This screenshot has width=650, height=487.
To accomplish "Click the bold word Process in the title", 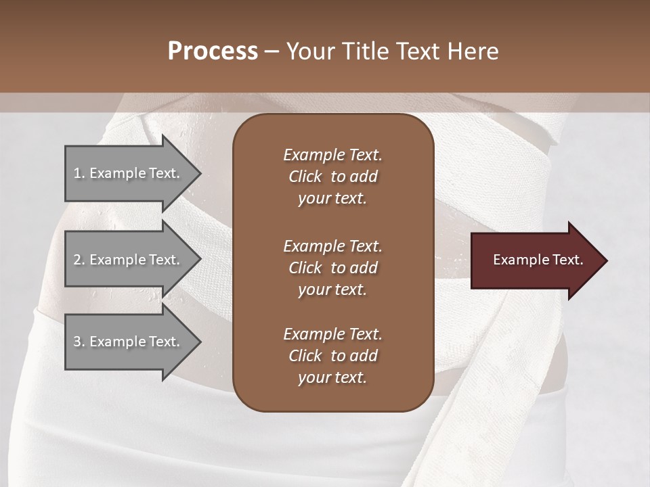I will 213,51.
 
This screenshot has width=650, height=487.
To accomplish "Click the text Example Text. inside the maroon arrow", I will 538,260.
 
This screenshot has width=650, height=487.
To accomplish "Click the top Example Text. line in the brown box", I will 332,155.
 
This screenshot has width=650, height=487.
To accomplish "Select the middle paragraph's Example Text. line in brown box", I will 332,246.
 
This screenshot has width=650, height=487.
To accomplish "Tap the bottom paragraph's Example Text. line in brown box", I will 332,334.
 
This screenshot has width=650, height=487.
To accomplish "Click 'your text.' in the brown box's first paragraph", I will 332,199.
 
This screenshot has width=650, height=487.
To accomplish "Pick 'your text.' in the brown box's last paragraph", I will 332,378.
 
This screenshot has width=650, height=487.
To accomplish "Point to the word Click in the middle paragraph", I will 305,268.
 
